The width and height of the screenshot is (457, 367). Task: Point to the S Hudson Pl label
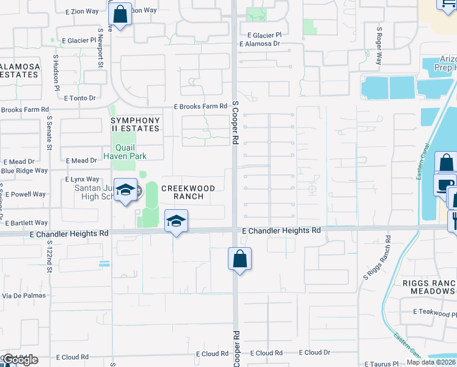click(56, 73)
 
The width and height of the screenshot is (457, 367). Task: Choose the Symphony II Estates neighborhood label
click(135, 125)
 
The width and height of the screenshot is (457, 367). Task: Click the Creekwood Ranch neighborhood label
click(188, 193)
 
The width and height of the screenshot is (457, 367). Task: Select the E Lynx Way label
click(82, 179)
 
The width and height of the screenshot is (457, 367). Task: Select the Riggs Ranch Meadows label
click(430, 287)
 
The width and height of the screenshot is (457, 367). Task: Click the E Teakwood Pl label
click(434, 312)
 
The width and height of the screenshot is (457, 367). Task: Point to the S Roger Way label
click(379, 46)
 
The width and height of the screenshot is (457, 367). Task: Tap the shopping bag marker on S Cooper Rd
click(239, 258)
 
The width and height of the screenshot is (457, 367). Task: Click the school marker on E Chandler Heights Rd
click(175, 221)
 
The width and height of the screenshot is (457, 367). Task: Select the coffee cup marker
click(445, 183)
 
